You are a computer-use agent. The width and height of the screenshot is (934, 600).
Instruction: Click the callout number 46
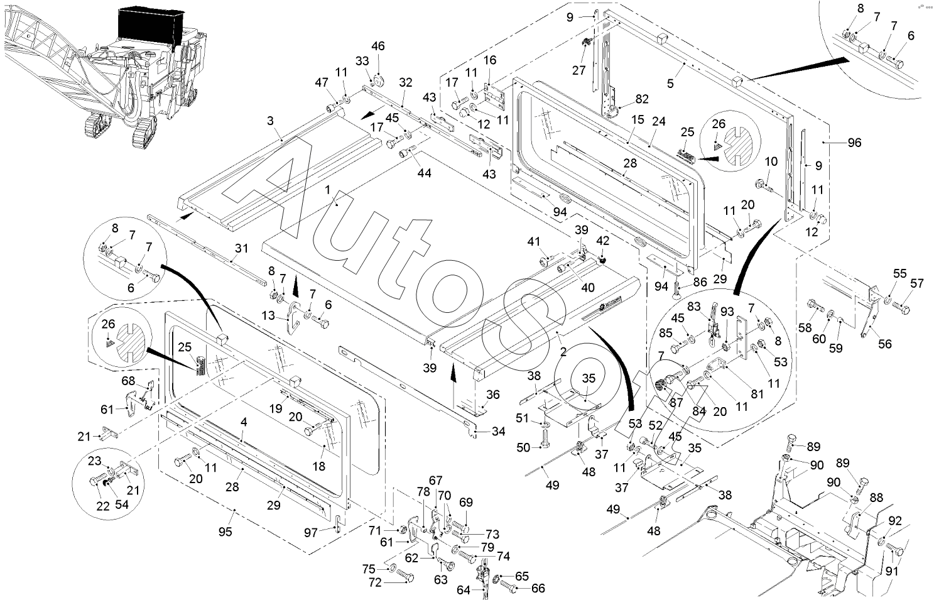377,46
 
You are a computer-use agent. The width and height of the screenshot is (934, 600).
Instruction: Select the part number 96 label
854,143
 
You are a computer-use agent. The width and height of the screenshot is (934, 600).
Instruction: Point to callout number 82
641,99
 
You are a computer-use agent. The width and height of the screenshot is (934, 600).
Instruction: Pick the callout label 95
225,532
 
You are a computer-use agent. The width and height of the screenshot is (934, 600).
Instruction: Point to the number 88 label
876,496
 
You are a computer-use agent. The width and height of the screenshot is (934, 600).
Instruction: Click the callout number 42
602,241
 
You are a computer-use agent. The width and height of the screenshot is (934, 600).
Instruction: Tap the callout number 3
270,121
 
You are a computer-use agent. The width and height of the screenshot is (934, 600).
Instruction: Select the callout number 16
490,60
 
